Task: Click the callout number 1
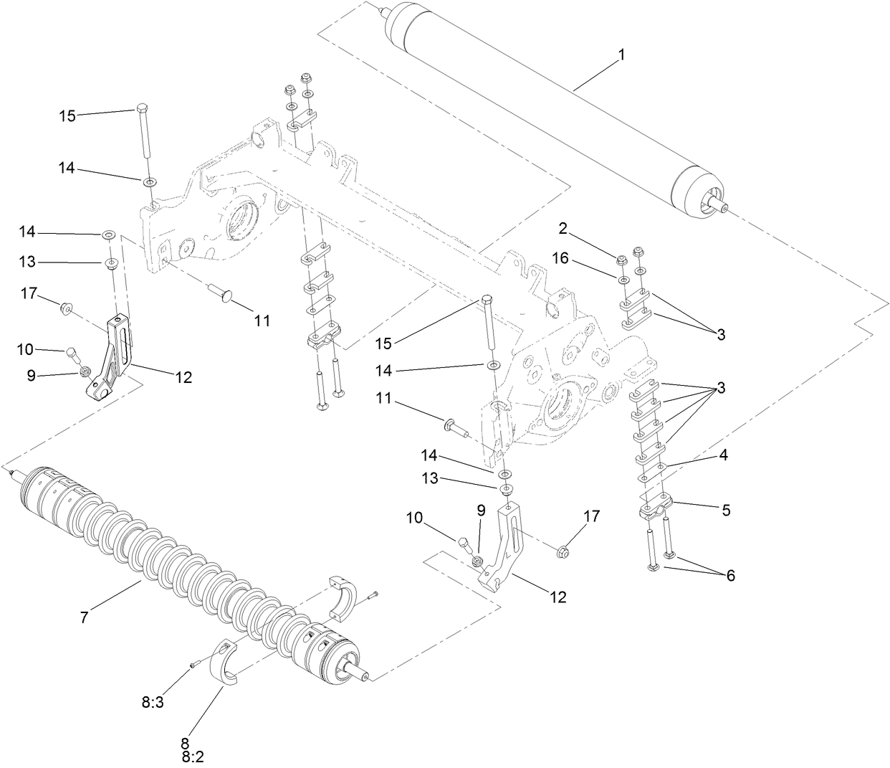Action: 621,55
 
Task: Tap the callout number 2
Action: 563,229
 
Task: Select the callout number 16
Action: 560,258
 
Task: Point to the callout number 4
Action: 724,455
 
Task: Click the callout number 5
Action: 726,510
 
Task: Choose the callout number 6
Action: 730,575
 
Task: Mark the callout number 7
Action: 85,617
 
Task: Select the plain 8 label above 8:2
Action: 184,742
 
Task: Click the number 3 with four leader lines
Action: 721,388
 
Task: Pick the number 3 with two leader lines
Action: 721,333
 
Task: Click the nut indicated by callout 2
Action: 622,259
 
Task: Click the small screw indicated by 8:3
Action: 193,666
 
